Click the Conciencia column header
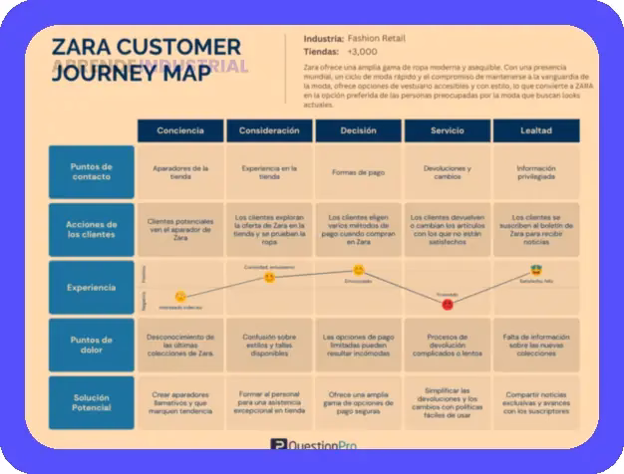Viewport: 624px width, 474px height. coord(180,130)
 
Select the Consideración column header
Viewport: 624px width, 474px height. coord(269,130)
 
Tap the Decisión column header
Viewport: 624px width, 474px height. coord(358,130)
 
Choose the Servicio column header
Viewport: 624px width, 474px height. coord(447,130)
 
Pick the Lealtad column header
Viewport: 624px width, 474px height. coord(536,130)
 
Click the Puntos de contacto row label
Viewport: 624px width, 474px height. coord(91,170)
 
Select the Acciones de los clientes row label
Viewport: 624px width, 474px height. coord(91,229)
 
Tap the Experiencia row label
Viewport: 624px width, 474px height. coord(91,288)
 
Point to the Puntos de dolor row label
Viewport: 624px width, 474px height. coord(91,345)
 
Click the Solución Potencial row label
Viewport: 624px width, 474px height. coord(91,402)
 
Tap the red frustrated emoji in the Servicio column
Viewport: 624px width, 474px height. coord(447,304)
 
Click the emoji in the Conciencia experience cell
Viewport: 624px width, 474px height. coord(180,297)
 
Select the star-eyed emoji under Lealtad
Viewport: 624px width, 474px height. coord(535,271)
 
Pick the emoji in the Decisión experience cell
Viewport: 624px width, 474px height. coord(359,270)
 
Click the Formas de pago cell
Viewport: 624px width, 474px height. coord(358,171)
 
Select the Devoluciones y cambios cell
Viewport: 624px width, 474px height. coord(447,172)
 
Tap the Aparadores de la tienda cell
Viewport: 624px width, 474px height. coord(180,172)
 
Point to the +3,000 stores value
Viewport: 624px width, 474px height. coord(363,51)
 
